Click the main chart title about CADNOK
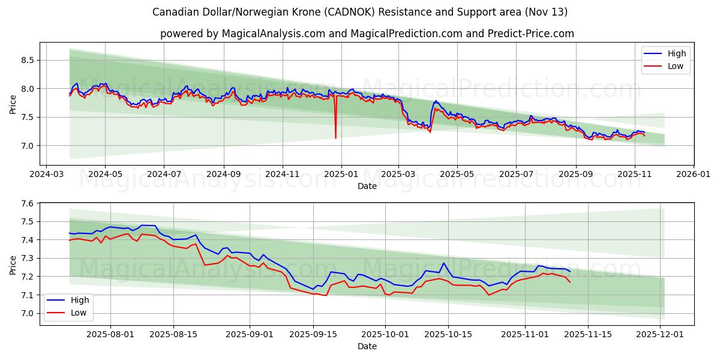tap(360, 12)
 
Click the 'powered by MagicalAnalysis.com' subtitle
tap(367, 34)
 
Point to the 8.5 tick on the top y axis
tap(28, 60)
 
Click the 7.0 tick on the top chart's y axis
tap(28, 146)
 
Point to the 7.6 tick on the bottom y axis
tap(28, 203)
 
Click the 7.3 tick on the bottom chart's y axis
tap(28, 259)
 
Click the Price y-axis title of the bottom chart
tap(13, 265)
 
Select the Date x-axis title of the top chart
tap(367, 186)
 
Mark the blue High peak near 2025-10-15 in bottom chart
tap(443, 263)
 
